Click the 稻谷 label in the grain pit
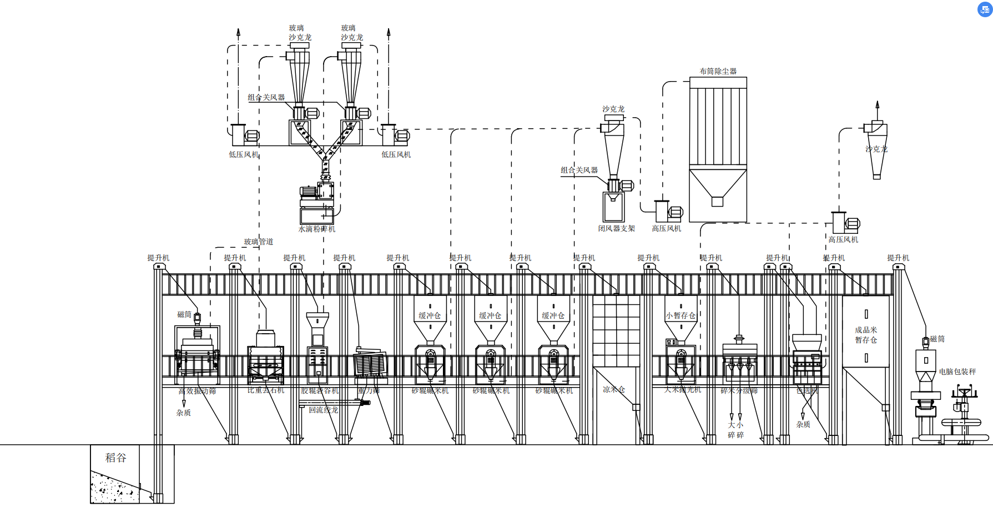116,458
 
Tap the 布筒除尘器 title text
718,71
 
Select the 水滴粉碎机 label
317,229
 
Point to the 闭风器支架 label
616,228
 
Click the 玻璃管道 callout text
258,242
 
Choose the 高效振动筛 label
197,391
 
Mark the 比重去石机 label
266,390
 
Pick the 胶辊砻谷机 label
320,390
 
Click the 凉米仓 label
614,389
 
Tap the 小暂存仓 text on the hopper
681,315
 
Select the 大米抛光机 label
683,390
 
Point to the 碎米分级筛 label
739,390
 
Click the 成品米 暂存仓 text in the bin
866,335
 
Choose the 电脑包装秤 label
957,372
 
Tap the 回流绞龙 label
323,410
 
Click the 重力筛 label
369,390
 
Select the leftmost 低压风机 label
244,154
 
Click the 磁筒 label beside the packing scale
937,339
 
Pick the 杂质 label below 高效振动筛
183,413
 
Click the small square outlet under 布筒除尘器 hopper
717,202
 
